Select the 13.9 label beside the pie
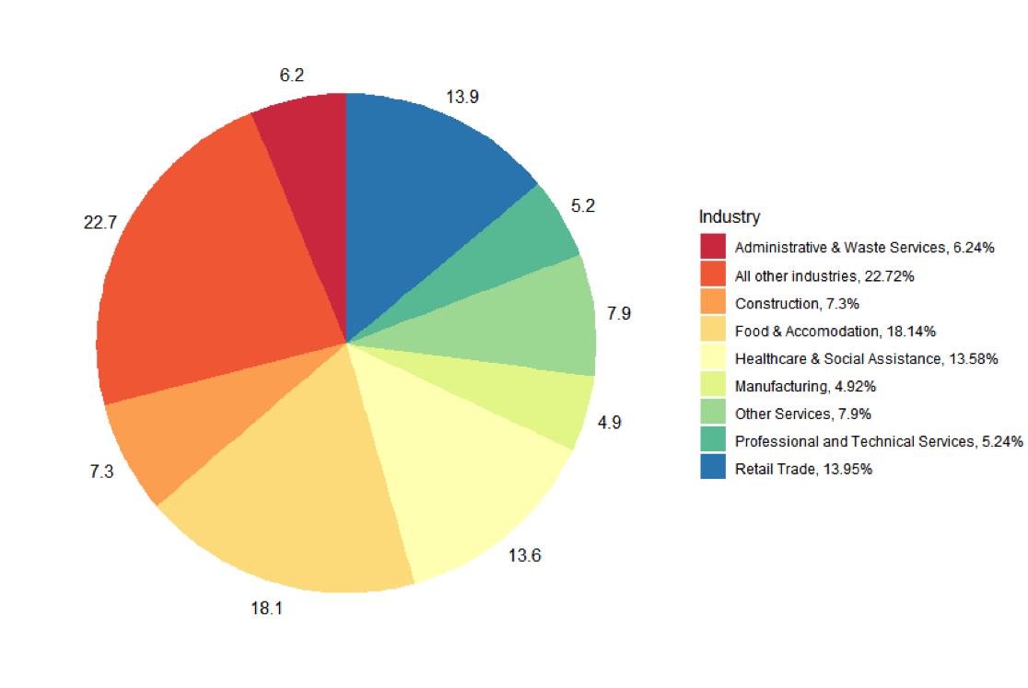[x=461, y=97]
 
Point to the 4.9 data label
[x=609, y=423]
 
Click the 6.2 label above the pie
[x=292, y=76]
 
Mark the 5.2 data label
[x=583, y=205]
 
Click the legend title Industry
[x=730, y=217]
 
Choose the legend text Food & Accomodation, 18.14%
[x=835, y=331]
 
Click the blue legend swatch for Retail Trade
[x=713, y=468]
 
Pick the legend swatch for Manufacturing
[x=713, y=385]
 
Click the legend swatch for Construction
[x=713, y=302]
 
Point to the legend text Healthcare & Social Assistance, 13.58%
[x=867, y=358]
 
